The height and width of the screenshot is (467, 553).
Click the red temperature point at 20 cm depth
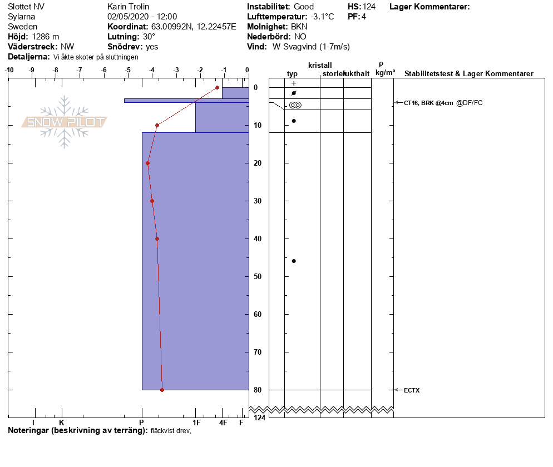pyautogui.click(x=148, y=163)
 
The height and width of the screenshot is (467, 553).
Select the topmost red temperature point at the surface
pyautogui.click(x=217, y=87)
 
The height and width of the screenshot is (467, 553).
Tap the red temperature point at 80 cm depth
pyautogui.click(x=162, y=390)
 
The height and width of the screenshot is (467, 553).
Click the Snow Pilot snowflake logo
pyautogui.click(x=64, y=122)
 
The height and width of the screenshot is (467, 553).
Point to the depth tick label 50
pyautogui.click(x=258, y=276)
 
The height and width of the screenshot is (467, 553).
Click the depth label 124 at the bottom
pyautogui.click(x=259, y=418)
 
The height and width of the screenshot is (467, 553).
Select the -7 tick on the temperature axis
pyautogui.click(x=80, y=70)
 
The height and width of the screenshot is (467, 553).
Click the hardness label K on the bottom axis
pyautogui.click(x=62, y=423)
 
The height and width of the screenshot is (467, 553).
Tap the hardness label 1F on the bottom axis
pyautogui.click(x=196, y=423)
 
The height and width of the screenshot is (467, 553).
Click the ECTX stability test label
pyautogui.click(x=412, y=390)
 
